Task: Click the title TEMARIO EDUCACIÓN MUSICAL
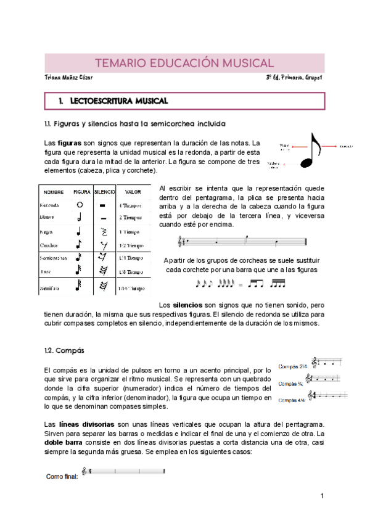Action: click(184, 63)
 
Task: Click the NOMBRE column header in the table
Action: click(54, 192)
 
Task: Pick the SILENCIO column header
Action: click(105, 192)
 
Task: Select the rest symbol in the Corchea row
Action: click(104, 245)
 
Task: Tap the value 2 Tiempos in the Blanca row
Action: click(131, 218)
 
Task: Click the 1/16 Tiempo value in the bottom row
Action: click(131, 288)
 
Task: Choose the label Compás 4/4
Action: click(293, 400)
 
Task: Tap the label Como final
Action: click(62, 476)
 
